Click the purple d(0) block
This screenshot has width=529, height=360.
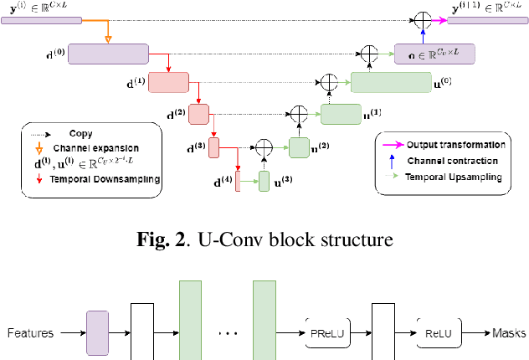tap(107, 54)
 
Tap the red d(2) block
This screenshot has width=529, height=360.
tap(198, 113)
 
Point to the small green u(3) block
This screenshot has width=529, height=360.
tap(264, 179)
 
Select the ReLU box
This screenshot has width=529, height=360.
tap(438, 332)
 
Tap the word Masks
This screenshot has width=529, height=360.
tap(510, 332)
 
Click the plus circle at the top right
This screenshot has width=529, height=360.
tap(424, 18)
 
